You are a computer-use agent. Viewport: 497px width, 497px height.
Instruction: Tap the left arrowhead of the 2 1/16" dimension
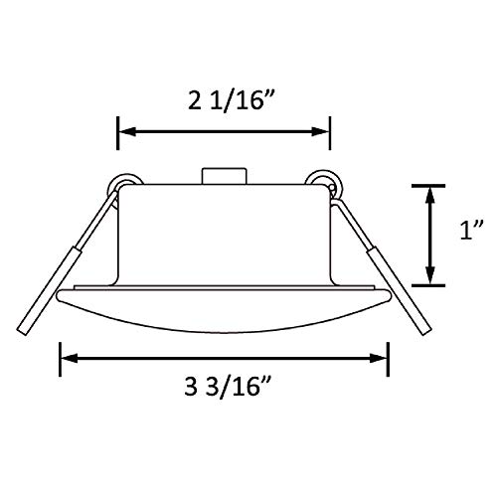(125, 128)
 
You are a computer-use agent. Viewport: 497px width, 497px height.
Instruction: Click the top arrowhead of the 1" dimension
(429, 191)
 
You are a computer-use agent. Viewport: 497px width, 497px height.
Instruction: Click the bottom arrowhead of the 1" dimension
(429, 279)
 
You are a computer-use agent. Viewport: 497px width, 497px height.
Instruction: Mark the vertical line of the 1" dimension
(429, 236)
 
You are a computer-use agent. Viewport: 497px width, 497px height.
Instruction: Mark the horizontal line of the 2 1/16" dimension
(224, 128)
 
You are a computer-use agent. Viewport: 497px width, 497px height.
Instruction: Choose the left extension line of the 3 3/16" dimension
(62, 358)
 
